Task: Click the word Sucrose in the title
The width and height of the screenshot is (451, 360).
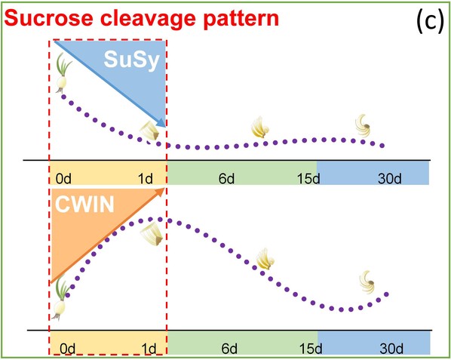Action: tap(48, 18)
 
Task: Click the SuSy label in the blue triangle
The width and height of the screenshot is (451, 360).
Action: tap(132, 60)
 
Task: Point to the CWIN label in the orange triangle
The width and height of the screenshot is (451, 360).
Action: tap(84, 205)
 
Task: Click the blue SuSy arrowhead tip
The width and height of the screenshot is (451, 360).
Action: tap(165, 127)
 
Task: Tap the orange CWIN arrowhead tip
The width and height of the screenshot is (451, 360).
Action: tap(165, 188)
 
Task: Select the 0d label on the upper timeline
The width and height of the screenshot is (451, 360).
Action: tap(63, 179)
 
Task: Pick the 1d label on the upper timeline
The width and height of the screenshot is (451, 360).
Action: tap(146, 179)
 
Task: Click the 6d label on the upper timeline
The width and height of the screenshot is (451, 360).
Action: tap(226, 179)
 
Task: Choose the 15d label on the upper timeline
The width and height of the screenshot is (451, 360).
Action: tap(308, 179)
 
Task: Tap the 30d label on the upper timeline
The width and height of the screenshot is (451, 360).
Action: tap(390, 179)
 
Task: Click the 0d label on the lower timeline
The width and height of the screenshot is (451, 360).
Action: tap(68, 349)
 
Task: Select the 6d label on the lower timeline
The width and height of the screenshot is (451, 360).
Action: tap(229, 349)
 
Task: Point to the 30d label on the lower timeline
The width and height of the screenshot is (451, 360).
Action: tap(391, 349)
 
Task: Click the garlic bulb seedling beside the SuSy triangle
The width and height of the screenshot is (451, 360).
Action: tap(63, 73)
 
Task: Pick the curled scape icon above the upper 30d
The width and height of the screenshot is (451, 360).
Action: tap(363, 125)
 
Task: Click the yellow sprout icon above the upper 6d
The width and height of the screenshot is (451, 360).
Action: tap(259, 128)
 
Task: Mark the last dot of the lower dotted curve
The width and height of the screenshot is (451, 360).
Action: tap(386, 294)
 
